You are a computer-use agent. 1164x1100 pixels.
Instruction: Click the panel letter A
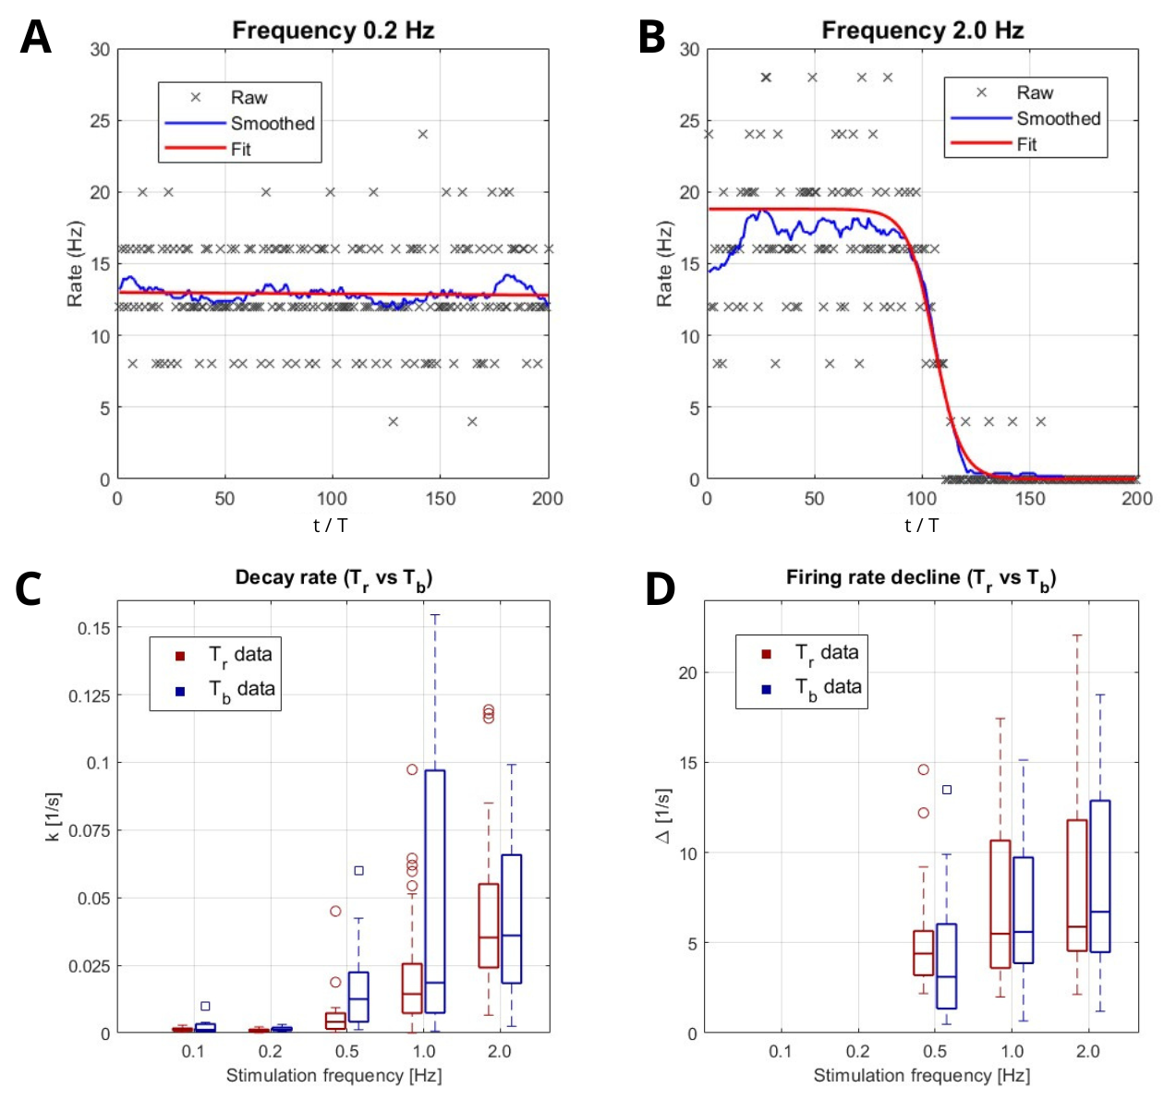point(35,37)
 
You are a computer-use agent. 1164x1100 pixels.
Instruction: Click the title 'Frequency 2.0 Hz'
point(922,30)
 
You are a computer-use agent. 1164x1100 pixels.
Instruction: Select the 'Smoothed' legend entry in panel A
point(272,123)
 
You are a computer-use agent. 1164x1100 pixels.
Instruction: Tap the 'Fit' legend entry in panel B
point(1026,144)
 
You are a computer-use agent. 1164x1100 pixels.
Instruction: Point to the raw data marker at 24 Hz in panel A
point(423,134)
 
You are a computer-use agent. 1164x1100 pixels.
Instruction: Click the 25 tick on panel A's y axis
point(100,121)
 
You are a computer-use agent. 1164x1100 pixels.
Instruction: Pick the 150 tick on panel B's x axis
point(1030,499)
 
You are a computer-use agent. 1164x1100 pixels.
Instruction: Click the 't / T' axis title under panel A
point(330,526)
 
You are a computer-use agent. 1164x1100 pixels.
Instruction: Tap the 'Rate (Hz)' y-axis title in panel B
point(664,264)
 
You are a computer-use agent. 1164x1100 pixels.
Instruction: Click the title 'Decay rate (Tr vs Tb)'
point(333,578)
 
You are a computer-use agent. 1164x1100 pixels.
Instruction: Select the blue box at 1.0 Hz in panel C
point(434,891)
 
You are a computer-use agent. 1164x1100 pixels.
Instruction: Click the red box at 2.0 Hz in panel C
point(489,925)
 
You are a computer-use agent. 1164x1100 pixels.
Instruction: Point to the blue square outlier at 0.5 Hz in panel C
point(359,870)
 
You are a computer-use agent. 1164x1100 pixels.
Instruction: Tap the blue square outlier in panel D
point(946,790)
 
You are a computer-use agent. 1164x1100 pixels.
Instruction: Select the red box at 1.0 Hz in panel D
point(1000,904)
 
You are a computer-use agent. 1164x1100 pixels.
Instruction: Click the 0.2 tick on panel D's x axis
point(857,1051)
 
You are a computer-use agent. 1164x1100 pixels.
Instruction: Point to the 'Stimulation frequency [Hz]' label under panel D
point(921,1075)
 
